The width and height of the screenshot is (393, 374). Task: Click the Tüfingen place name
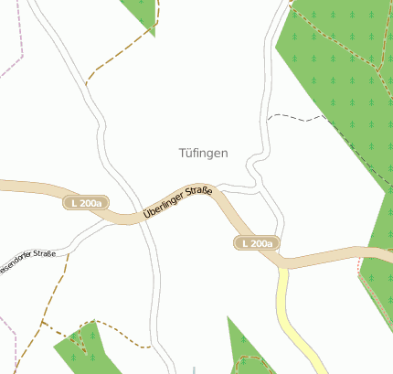point(203,154)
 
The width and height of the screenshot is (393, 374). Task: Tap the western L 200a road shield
point(86,202)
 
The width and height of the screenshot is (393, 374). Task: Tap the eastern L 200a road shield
point(255,243)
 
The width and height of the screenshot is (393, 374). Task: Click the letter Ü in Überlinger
point(146,216)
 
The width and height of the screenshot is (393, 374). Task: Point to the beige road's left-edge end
point(4,186)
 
